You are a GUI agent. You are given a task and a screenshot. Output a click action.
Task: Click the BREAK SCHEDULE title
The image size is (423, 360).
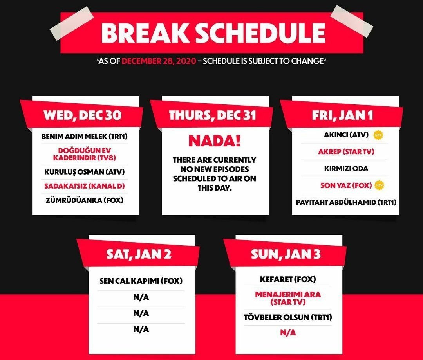pyautogui.click(x=213, y=33)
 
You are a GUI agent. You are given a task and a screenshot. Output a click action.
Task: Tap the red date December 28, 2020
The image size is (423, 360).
pyautogui.click(x=159, y=61)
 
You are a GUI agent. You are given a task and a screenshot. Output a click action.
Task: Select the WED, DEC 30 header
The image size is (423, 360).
pyautogui.click(x=83, y=115)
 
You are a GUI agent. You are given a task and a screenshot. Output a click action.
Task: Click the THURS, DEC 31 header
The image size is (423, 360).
pyautogui.click(x=212, y=115)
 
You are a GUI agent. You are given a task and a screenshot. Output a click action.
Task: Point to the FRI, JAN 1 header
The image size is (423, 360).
pyautogui.click(x=342, y=115)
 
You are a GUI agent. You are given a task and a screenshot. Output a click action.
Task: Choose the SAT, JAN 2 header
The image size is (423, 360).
pyautogui.click(x=139, y=254)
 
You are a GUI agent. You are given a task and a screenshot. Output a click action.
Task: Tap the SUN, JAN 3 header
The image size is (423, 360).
pyautogui.click(x=286, y=254)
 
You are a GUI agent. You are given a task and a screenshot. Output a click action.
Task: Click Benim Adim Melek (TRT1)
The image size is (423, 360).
pyautogui.click(x=85, y=136)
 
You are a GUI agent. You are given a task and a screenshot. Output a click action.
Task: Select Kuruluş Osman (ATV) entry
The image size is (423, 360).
pyautogui.click(x=85, y=172)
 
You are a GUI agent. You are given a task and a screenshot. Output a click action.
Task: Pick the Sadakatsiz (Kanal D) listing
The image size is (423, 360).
pyautogui.click(x=85, y=186)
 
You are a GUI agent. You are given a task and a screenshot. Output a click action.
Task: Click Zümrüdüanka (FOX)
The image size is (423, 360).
pyautogui.click(x=85, y=200)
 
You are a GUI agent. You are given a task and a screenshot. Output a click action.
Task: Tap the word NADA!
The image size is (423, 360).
pyautogui.click(x=214, y=140)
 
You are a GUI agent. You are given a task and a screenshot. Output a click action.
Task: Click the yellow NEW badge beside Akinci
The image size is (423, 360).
pyautogui.click(x=378, y=135)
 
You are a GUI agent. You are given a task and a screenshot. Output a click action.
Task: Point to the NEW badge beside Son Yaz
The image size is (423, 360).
pyautogui.click(x=380, y=185)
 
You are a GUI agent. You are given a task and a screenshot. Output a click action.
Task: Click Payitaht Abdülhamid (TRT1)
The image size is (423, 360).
pyautogui.click(x=346, y=202)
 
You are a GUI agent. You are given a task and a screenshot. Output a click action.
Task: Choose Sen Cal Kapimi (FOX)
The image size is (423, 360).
pyautogui.click(x=141, y=281)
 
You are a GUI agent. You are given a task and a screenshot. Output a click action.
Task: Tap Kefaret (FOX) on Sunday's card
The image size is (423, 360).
pyautogui.click(x=288, y=279)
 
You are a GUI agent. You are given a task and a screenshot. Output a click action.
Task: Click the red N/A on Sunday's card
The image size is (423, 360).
pyautogui.click(x=288, y=333)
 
